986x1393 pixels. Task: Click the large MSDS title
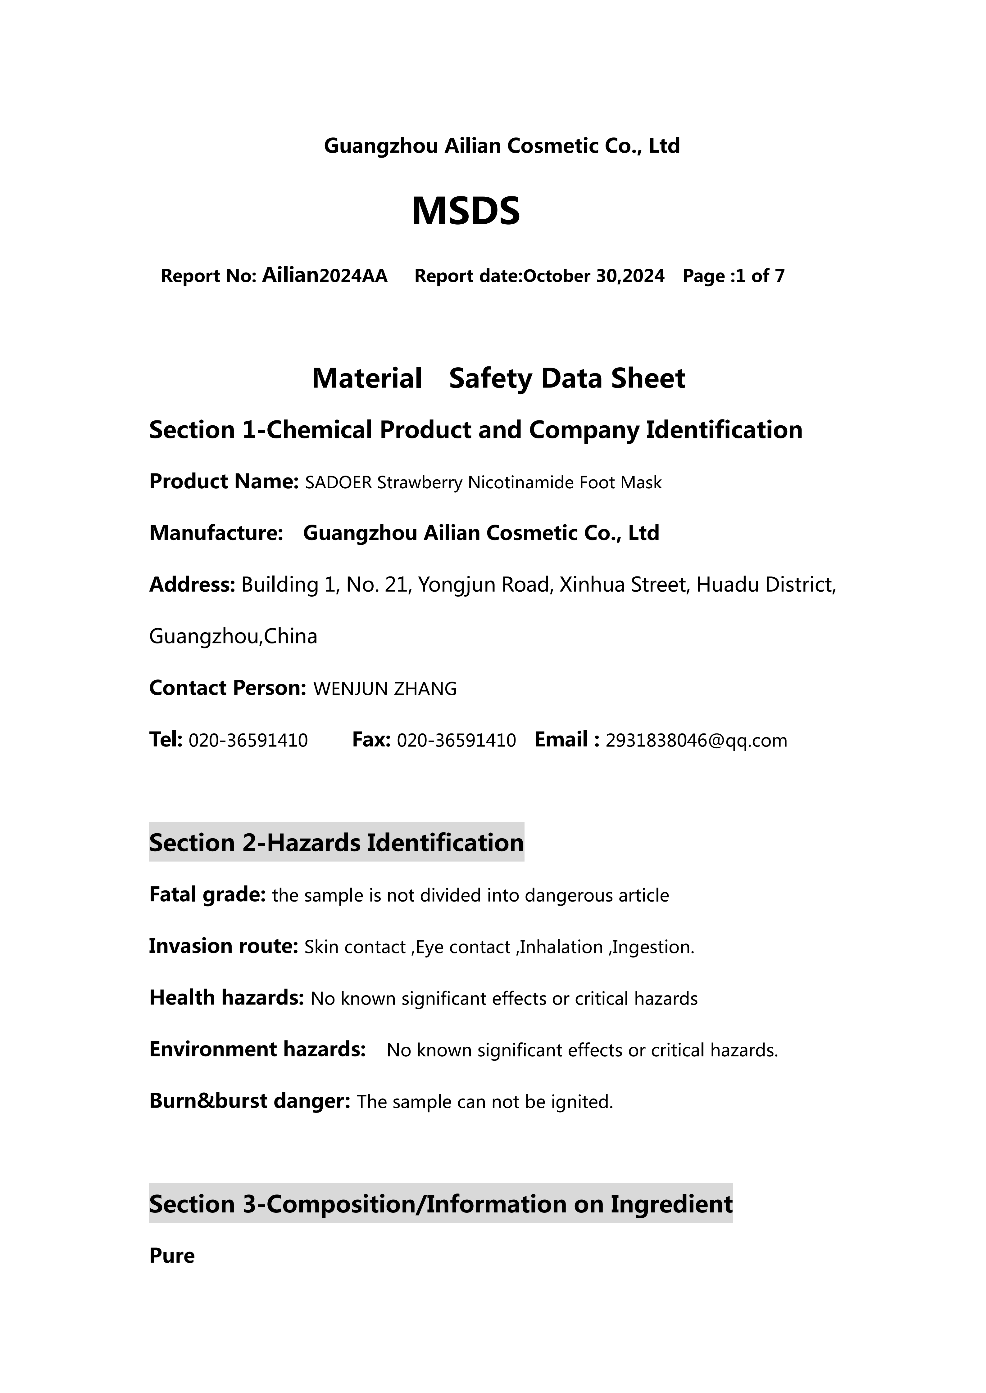466,211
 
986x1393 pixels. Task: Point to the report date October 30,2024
593,277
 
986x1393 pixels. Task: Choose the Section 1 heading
475,430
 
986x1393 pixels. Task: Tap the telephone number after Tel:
248,741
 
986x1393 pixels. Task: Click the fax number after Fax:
456,741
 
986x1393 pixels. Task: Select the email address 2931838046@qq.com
696,741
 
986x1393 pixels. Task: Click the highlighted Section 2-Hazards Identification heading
336,843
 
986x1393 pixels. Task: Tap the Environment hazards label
257,1050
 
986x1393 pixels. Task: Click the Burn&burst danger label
250,1101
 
